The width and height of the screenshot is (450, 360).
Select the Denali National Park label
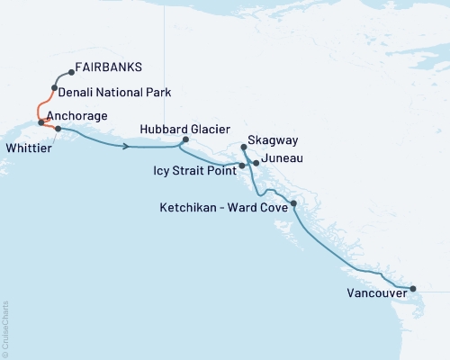[x=114, y=92]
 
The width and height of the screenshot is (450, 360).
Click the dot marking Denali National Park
[x=56, y=87]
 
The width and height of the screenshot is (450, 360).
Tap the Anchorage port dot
[x=41, y=121]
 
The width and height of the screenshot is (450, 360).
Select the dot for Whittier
[x=58, y=129]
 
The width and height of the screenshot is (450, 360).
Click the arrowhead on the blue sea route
[x=126, y=146]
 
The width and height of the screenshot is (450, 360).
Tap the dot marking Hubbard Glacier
[x=185, y=139]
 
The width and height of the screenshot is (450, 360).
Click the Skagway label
[x=277, y=140]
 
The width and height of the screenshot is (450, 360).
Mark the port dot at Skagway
[x=244, y=147]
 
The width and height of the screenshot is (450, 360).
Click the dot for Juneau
[x=256, y=162]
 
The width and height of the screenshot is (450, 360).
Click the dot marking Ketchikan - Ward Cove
[x=294, y=204]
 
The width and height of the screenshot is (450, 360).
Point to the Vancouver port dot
[x=413, y=289]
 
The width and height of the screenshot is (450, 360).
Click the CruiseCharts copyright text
[x=5, y=328]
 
